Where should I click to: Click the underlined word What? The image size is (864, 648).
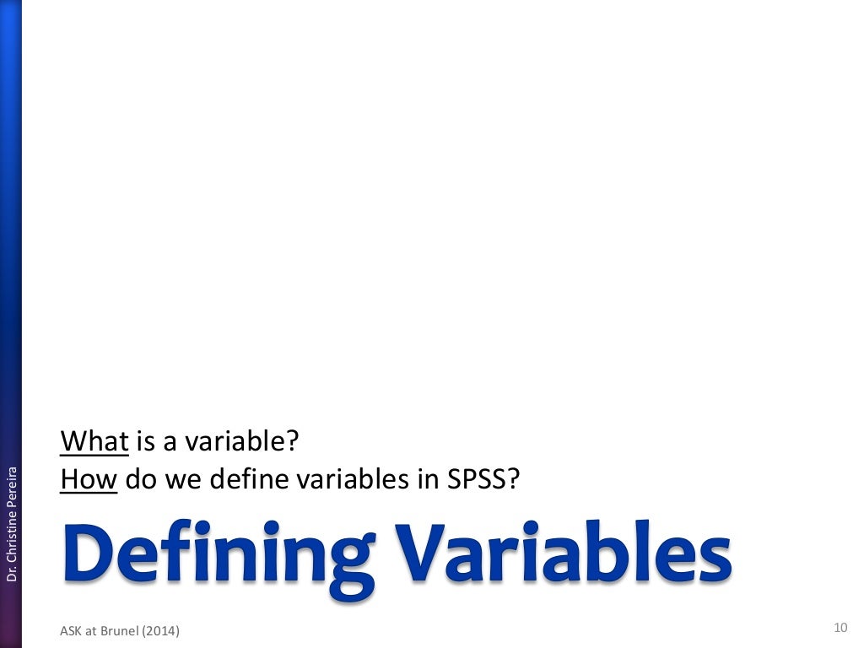point(94,441)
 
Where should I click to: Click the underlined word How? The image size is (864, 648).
point(88,480)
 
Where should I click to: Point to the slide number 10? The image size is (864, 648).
point(840,627)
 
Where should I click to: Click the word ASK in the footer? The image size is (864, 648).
point(72,629)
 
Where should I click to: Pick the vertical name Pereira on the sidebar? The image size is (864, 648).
point(12,482)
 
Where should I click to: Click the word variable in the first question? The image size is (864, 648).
point(250,441)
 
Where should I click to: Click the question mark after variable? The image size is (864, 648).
point(295,441)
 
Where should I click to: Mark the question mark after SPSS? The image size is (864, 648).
point(512,480)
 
